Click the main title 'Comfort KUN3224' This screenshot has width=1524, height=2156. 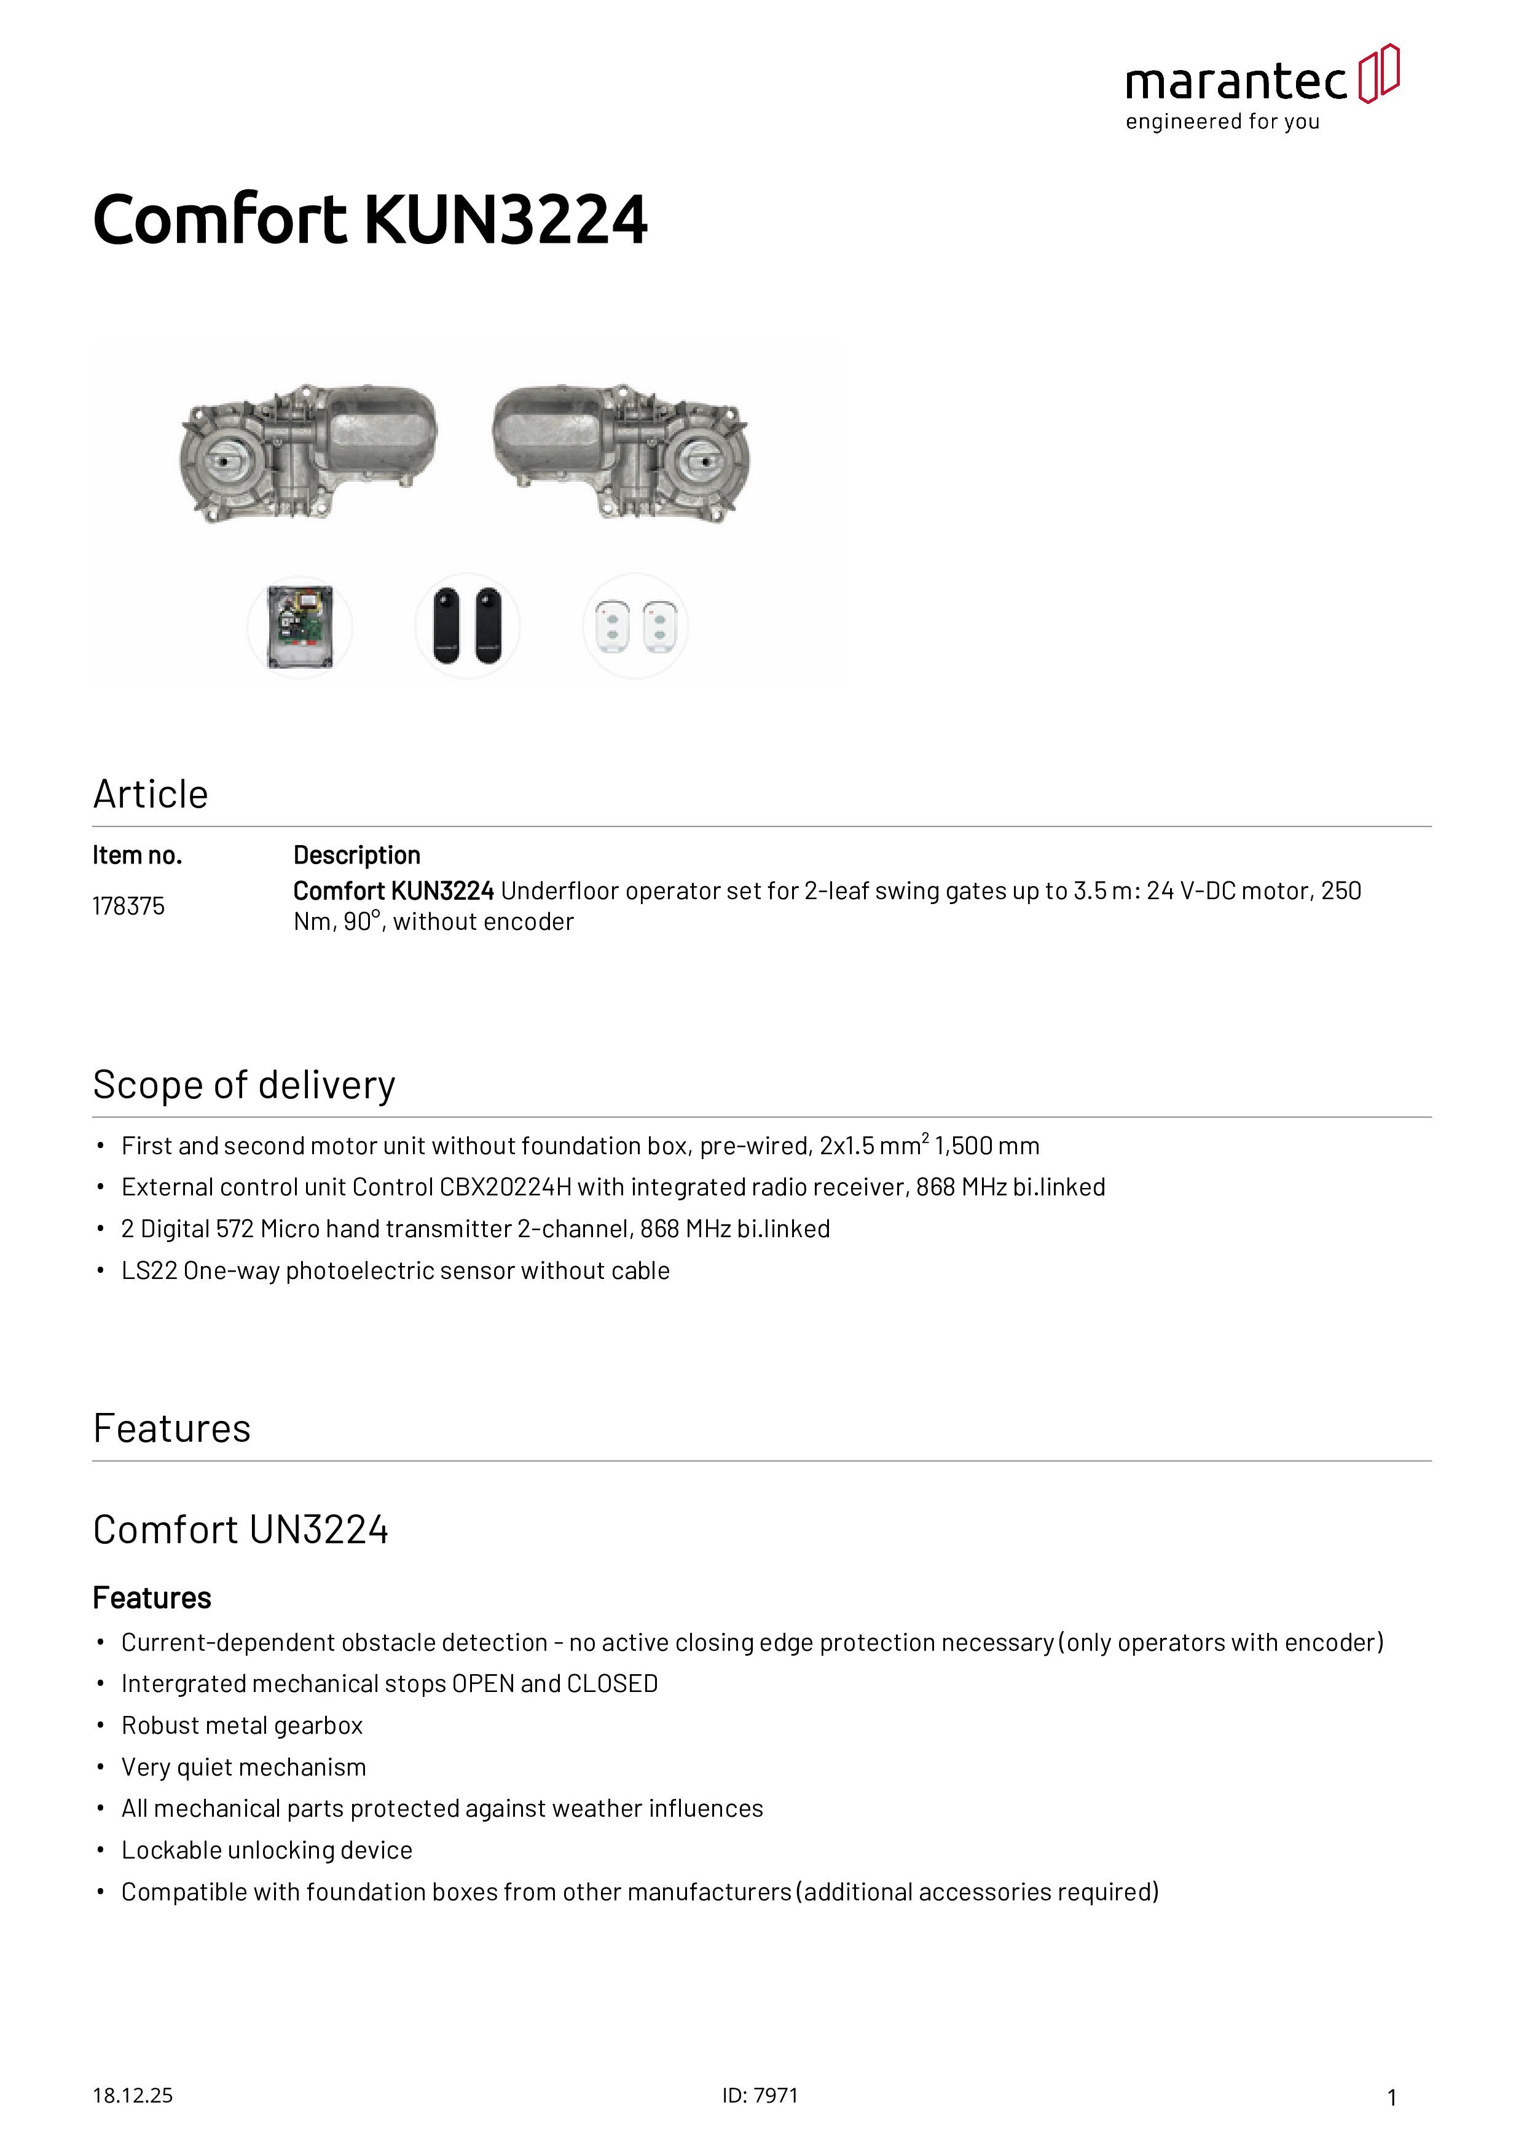coord(370,220)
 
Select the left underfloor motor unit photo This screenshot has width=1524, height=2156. coord(308,452)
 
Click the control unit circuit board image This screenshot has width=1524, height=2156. coord(299,626)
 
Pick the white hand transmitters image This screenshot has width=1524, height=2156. coord(635,626)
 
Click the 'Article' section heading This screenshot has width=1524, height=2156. coord(150,795)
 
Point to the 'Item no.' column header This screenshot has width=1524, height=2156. coord(137,856)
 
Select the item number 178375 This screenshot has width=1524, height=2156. coord(128,906)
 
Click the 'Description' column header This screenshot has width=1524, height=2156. coord(357,856)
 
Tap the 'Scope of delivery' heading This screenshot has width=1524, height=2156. coord(244,1085)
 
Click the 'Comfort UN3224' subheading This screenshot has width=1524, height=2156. coord(240,1530)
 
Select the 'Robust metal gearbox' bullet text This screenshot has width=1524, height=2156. coord(242,1726)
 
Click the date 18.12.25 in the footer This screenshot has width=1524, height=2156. coord(132,2096)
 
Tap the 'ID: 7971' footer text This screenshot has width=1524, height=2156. coord(760,2096)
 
